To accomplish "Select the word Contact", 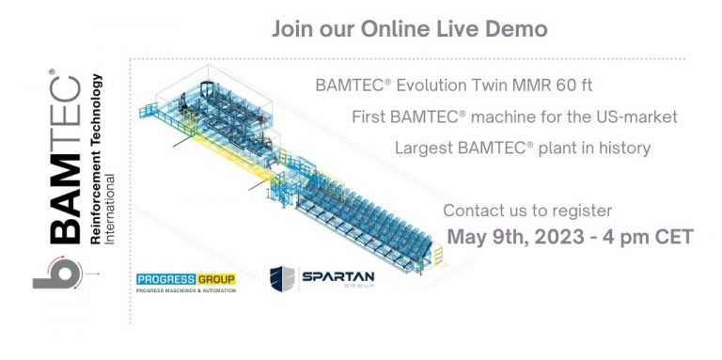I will [x=472, y=211].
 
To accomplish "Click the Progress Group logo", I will [x=185, y=283].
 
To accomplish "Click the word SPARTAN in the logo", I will [x=338, y=276].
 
